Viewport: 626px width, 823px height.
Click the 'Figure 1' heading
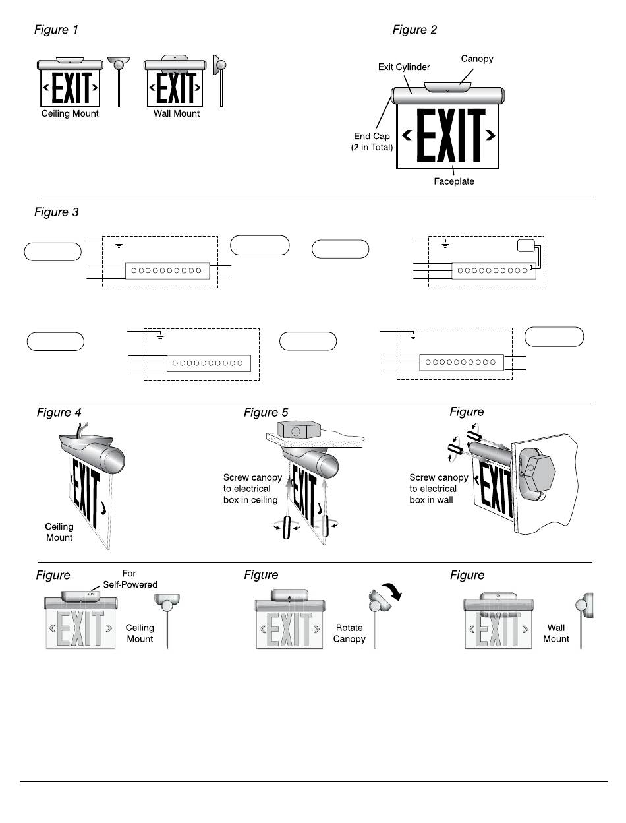pos(56,30)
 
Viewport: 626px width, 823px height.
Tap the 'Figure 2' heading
pos(414,30)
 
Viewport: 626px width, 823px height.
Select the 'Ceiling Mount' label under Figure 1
pos(74,113)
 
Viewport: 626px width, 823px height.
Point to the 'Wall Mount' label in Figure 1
pos(177,113)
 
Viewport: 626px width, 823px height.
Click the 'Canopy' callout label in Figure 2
pos(477,59)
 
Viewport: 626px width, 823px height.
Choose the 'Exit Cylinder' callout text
pos(404,67)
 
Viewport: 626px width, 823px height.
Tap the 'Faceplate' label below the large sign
pos(454,181)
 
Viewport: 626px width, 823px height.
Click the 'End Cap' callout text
pos(372,137)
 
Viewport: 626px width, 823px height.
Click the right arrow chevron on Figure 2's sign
pos(490,135)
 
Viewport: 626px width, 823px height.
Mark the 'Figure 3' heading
pos(56,212)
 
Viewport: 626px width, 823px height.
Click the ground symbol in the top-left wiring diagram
pos(119,245)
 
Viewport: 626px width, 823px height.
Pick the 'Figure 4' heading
pos(59,412)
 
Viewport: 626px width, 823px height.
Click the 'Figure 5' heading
pos(266,412)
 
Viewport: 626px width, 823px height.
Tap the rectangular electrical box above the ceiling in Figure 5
pos(295,432)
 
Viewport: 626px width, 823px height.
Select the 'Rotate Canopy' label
pos(349,634)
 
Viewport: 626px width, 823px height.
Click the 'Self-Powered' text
pos(130,584)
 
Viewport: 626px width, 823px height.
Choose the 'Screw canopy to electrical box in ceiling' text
pos(253,489)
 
